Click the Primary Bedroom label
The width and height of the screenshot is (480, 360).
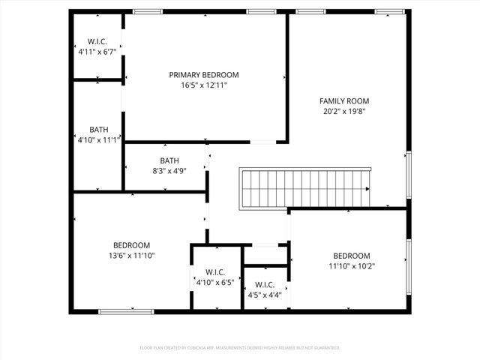click(x=203, y=75)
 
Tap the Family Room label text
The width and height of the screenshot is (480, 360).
click(x=344, y=101)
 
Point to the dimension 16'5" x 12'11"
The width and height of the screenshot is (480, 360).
click(x=203, y=85)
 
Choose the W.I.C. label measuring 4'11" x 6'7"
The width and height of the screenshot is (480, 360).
click(x=97, y=42)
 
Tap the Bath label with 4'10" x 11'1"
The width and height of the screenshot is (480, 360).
click(x=99, y=129)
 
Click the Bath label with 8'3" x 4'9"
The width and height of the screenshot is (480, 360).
click(x=169, y=160)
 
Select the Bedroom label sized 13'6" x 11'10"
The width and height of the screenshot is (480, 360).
click(x=131, y=245)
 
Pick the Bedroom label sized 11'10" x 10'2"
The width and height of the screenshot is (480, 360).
click(x=352, y=256)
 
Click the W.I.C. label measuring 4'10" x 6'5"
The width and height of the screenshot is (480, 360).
click(x=215, y=272)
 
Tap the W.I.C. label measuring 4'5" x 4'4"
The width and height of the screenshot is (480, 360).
click(x=265, y=285)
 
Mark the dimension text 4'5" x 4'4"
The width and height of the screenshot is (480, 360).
click(x=265, y=295)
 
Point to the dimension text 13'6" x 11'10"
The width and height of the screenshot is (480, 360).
click(x=131, y=256)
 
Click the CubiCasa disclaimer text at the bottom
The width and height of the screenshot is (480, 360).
click(x=240, y=348)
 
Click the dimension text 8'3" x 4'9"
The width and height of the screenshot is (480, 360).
click(x=169, y=171)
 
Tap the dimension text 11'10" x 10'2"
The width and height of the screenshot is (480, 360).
click(x=352, y=266)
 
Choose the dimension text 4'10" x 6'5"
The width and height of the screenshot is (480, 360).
click(x=215, y=283)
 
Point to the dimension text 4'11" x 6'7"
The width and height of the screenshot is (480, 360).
click(x=97, y=52)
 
